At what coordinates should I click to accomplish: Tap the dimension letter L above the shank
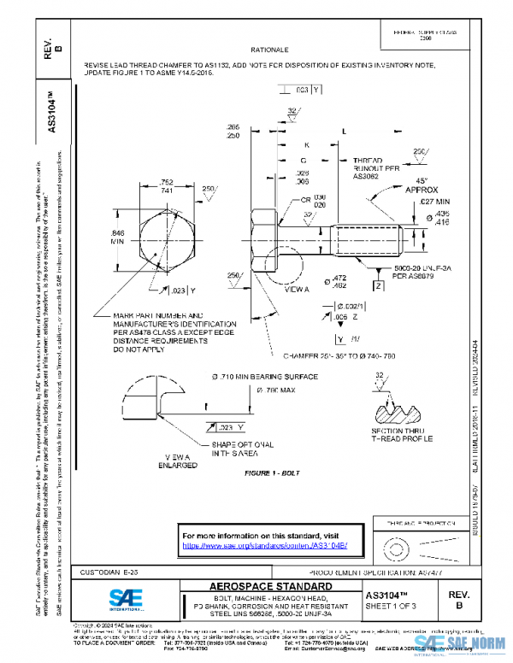343,132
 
